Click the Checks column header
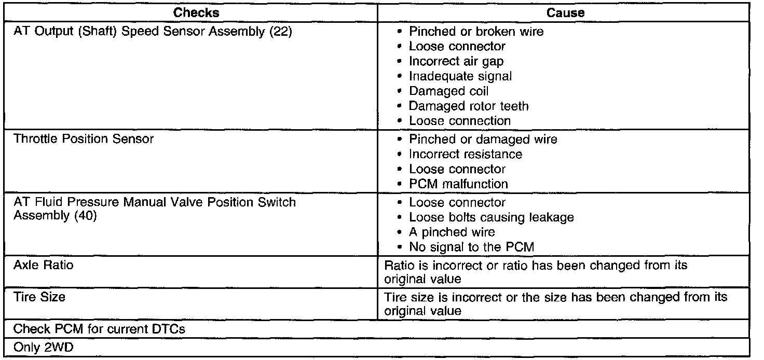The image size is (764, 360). point(196,13)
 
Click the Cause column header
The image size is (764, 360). point(566,13)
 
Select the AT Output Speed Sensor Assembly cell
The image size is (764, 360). point(153,32)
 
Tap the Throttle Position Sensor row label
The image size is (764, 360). point(84,140)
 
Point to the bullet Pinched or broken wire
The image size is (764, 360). point(475,32)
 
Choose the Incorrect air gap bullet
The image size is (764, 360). point(456,61)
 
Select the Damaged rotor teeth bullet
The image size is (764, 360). point(469,106)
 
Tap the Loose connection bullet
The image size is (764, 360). point(460,121)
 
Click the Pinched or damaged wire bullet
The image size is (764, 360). point(483,140)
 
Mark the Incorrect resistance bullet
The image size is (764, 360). point(465,155)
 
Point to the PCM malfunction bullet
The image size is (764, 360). point(458,184)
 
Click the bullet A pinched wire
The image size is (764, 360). point(452,232)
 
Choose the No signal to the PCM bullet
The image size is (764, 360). point(471,247)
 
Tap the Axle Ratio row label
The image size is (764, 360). point(44,266)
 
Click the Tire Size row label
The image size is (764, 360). point(39,298)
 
